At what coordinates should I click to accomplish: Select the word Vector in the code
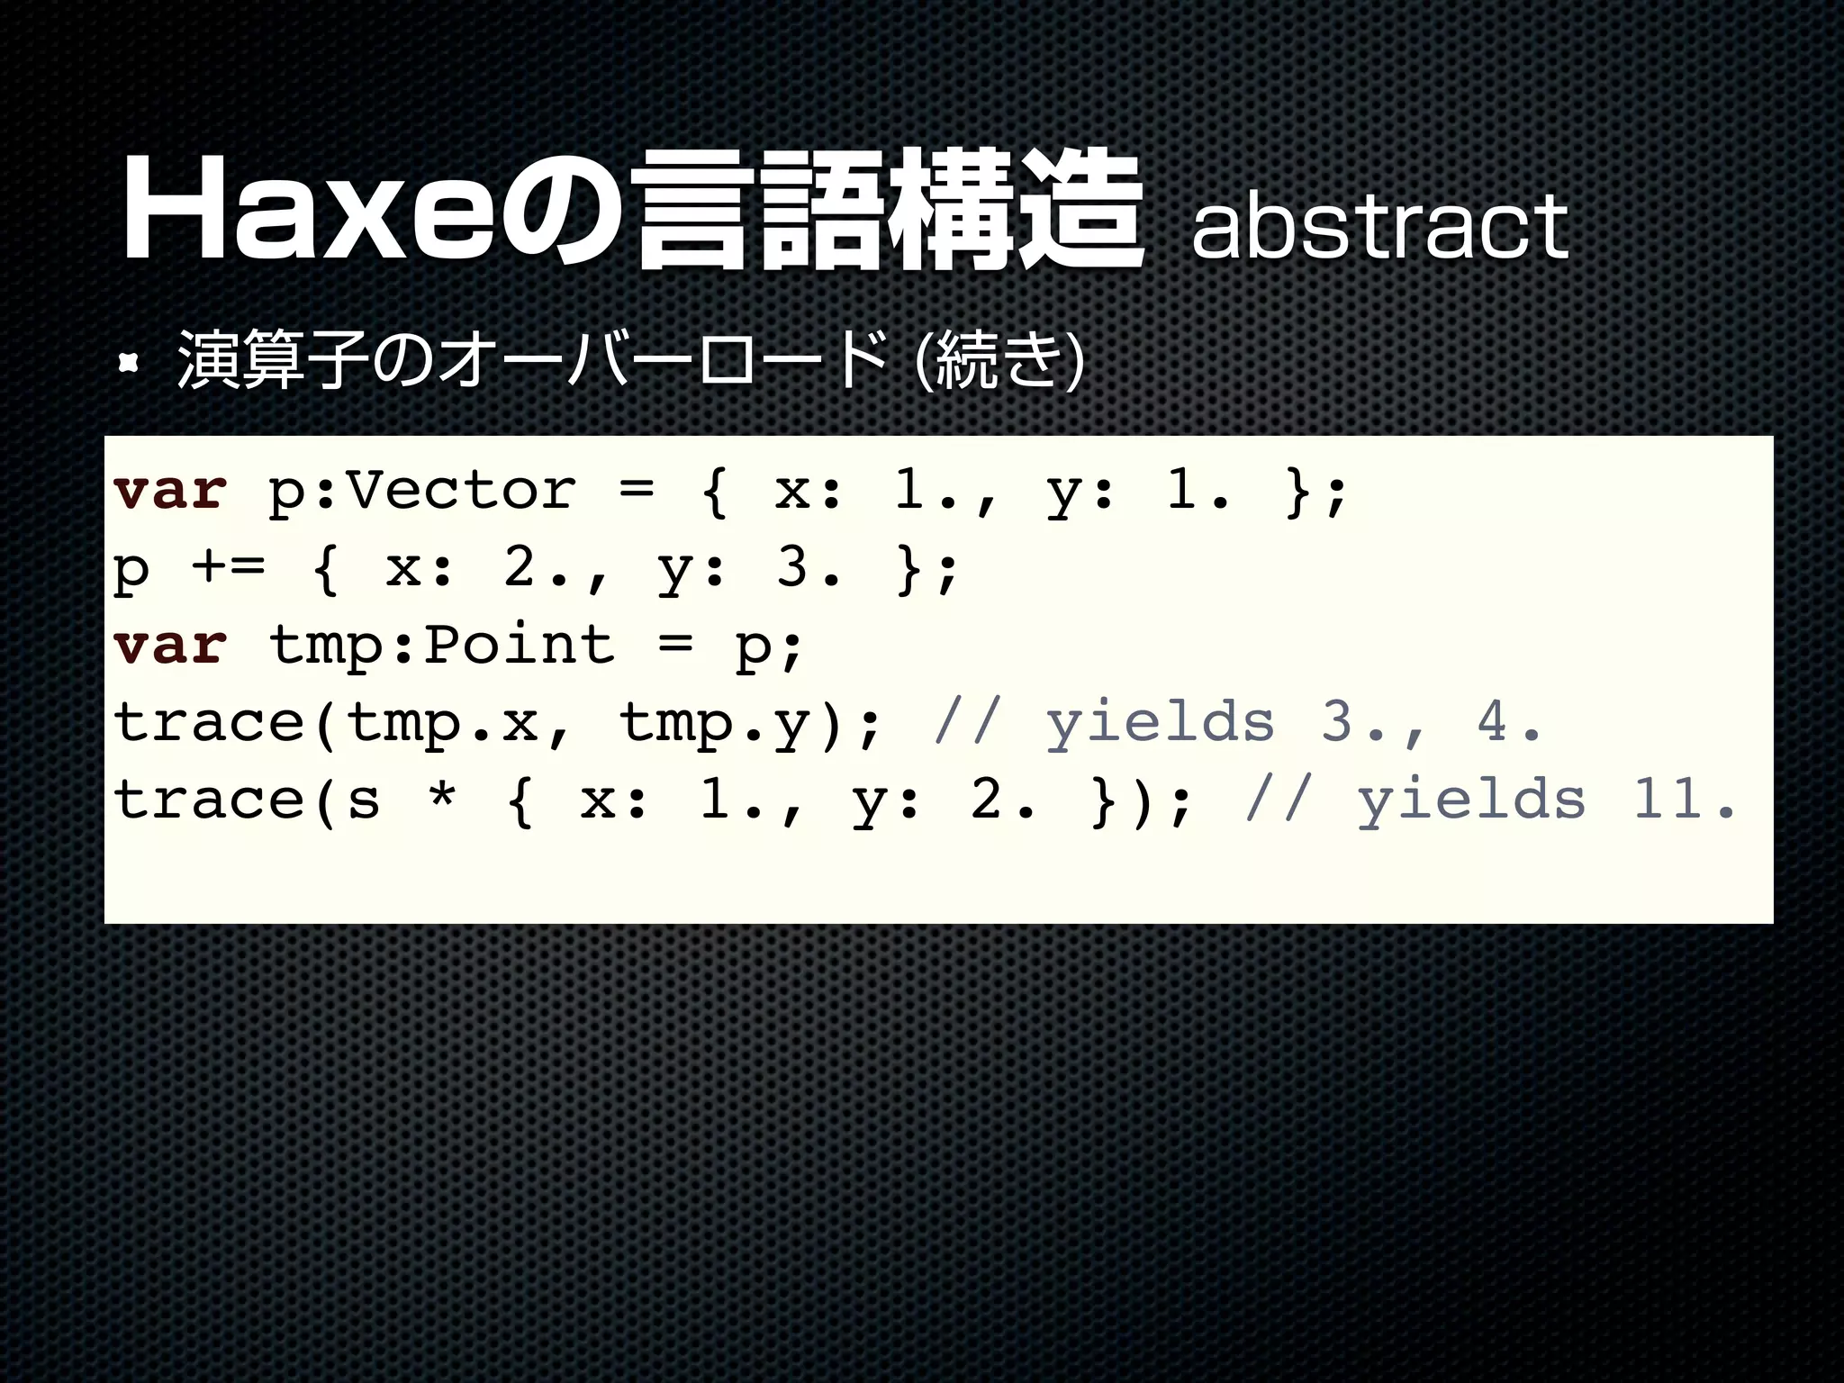click(460, 491)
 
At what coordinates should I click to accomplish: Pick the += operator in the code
click(228, 568)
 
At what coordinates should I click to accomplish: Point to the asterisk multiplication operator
click(441, 798)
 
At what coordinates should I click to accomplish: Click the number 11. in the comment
click(1683, 799)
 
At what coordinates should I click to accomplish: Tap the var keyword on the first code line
click(170, 491)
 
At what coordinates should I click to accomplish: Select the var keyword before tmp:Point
click(170, 645)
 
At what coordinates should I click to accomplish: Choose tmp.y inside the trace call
click(714, 722)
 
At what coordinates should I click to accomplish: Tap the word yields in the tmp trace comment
click(1160, 722)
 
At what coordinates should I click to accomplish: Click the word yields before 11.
click(1471, 799)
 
